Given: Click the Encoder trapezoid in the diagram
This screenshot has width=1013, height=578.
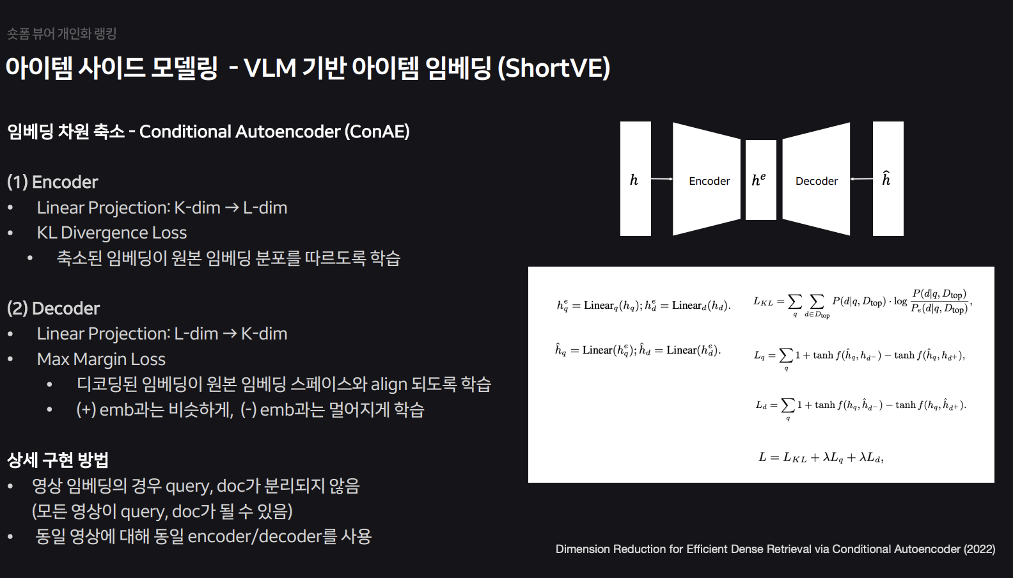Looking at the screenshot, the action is click(x=707, y=179).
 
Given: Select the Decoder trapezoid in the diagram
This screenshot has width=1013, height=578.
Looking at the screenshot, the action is click(x=816, y=179).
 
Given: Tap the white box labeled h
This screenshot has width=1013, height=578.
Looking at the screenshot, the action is click(x=635, y=179).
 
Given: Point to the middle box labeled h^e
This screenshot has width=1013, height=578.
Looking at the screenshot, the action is click(x=760, y=180).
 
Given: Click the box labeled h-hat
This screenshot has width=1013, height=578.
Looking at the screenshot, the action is click(x=888, y=179).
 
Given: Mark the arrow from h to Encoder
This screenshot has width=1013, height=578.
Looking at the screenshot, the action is click(x=662, y=179).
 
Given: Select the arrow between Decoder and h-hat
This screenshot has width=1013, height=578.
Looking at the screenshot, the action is click(x=861, y=179).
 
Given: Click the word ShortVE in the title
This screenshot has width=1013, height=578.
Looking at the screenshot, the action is click(x=554, y=68).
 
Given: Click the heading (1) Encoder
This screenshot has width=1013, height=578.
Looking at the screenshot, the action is click(x=52, y=182).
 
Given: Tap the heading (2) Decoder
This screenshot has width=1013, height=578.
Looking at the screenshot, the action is click(x=53, y=309).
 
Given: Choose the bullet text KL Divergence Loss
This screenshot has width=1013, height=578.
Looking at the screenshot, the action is click(x=112, y=233).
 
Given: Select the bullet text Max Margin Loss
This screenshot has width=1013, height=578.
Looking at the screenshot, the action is click(x=101, y=359).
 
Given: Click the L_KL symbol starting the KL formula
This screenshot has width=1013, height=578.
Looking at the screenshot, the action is click(x=763, y=302).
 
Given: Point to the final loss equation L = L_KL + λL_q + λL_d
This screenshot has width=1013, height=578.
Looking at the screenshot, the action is click(x=821, y=457).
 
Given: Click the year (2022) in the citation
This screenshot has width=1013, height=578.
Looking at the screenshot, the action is click(x=979, y=549).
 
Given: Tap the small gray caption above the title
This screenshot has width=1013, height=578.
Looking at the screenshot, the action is click(x=61, y=34).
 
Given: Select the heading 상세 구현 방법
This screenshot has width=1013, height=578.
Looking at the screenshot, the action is click(x=58, y=460).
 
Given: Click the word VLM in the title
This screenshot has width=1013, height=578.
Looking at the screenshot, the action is click(x=270, y=68).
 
